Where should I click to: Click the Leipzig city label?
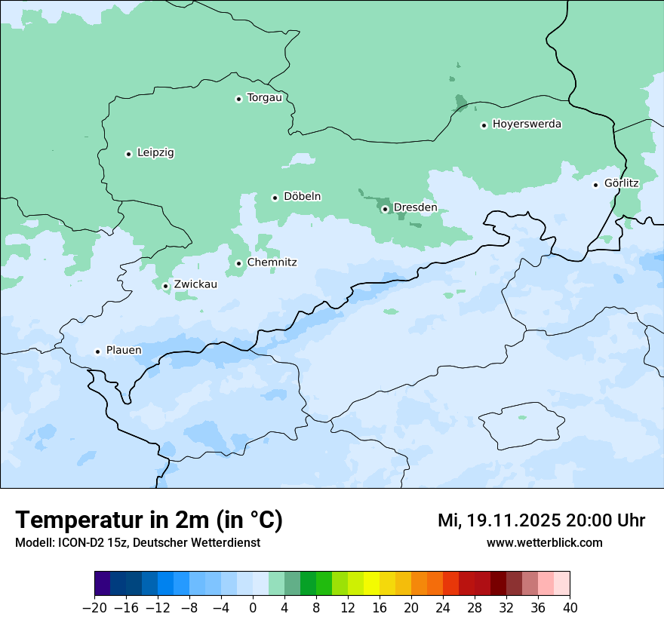155,153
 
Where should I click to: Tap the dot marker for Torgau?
238,99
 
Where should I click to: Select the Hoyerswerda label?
527,124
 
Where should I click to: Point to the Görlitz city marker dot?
595,185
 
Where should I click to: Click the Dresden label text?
415,207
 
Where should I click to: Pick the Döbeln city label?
302,197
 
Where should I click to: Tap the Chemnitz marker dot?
238,263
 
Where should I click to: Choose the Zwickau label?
195,284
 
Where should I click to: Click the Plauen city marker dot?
97,351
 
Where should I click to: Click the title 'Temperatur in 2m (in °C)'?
149,520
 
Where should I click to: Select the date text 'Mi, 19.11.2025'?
498,520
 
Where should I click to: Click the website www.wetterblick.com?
544,542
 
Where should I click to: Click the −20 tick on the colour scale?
94,607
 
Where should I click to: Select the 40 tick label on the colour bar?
570,607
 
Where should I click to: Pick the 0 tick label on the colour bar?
253,607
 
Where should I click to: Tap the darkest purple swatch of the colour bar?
103,584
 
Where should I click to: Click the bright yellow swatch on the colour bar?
371,584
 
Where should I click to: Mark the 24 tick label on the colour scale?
443,607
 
